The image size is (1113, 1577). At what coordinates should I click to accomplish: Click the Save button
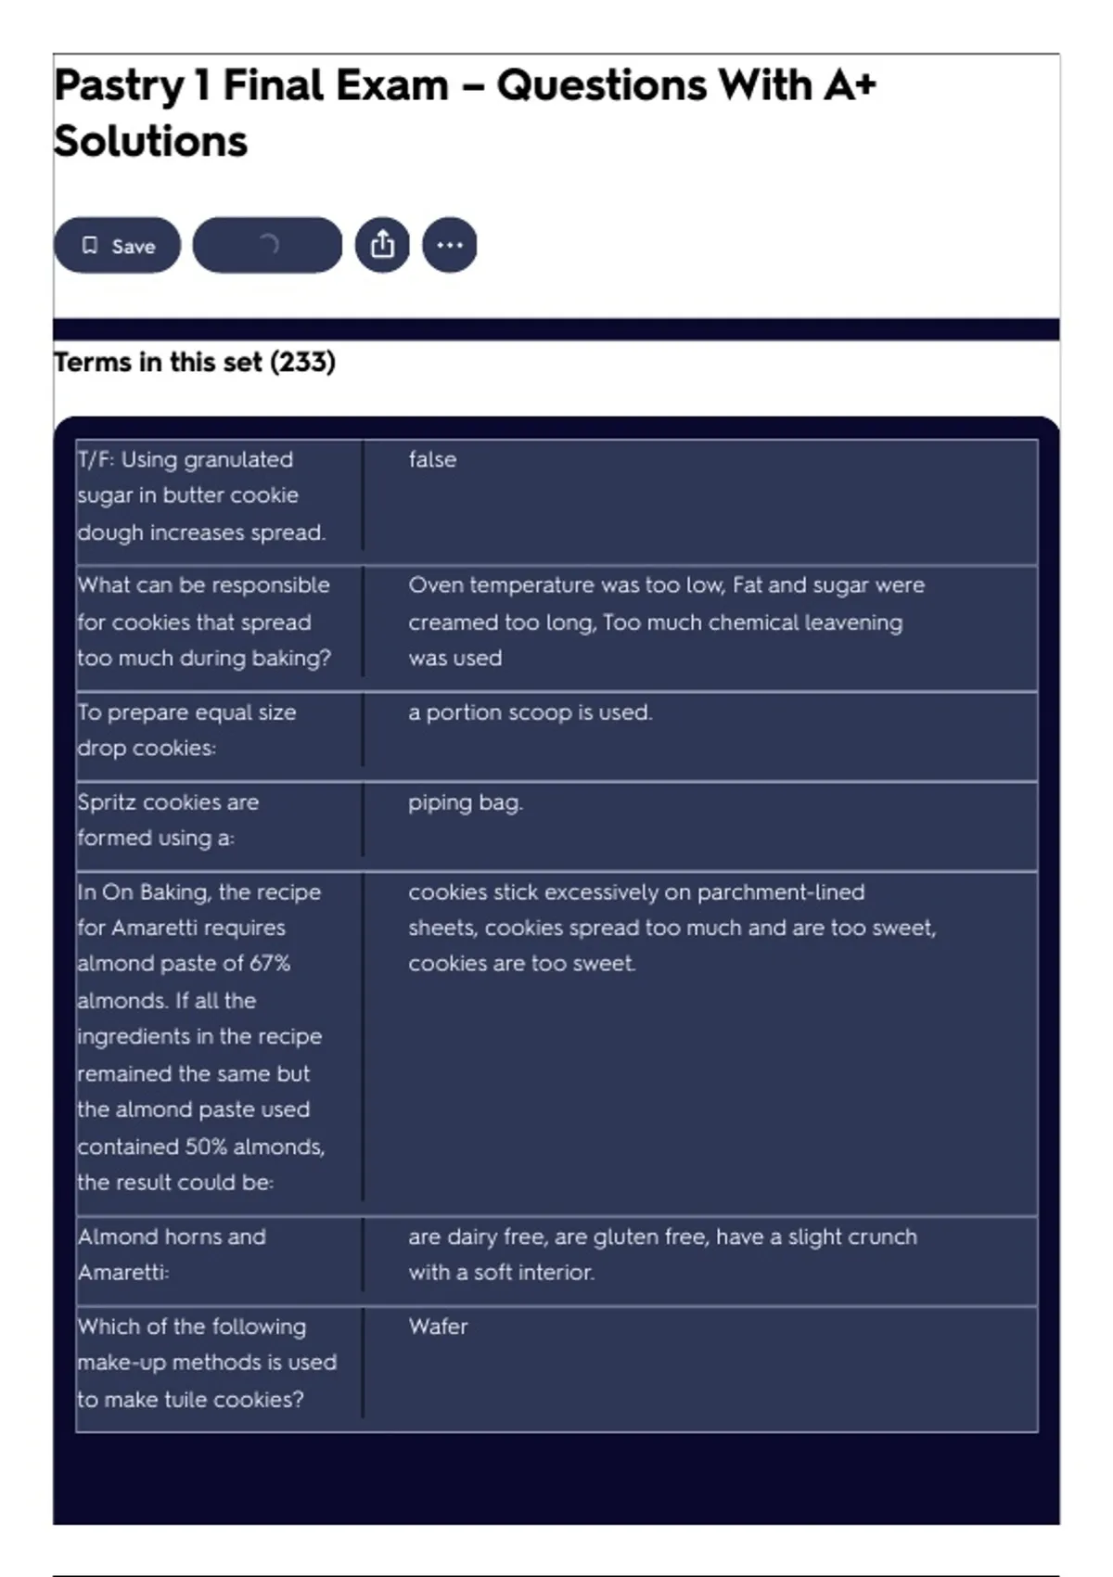tap(117, 246)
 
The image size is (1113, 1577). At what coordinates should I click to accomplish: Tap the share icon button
tap(382, 245)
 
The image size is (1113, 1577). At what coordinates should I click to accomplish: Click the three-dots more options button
tap(450, 245)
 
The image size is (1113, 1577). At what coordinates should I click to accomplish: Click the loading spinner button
tap(267, 245)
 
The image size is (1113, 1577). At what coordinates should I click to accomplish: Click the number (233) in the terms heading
tap(302, 362)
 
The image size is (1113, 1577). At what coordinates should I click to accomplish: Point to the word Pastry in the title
tap(119, 85)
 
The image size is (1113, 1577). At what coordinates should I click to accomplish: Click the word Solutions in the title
tap(150, 141)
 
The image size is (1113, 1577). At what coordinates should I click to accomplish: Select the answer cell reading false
tap(432, 459)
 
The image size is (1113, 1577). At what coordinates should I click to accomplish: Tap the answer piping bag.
tap(466, 802)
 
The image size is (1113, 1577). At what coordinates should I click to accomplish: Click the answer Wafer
tap(438, 1327)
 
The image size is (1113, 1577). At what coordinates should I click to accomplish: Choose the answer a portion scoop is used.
tap(531, 712)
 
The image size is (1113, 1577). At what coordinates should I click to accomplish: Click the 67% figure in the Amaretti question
tap(270, 963)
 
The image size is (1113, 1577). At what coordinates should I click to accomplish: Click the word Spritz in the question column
tap(106, 802)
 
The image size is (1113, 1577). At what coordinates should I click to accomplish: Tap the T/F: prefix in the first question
tap(96, 459)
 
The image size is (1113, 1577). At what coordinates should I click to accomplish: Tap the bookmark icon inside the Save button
tap(90, 245)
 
